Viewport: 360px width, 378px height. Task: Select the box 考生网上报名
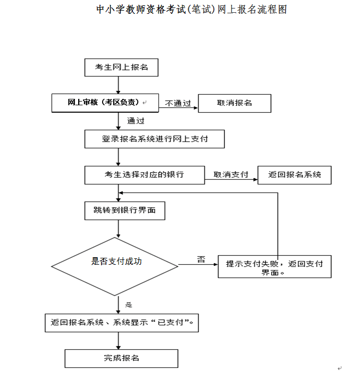tap(121, 68)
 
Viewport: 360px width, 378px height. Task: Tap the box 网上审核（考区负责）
tap(105, 103)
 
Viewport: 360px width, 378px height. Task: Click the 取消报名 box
tap(235, 103)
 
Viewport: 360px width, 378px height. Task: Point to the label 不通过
tap(178, 103)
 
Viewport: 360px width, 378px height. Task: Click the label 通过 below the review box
tap(136, 121)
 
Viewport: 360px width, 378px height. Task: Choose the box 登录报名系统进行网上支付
tap(155, 139)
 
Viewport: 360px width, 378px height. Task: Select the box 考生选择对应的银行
tap(145, 175)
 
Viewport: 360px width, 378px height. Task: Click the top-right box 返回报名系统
tap(295, 175)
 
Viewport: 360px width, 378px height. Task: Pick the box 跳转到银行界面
tap(125, 211)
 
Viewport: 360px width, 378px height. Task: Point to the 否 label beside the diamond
tap(201, 259)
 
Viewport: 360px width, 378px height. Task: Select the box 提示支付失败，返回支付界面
tap(274, 268)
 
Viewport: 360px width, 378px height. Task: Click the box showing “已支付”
tap(121, 323)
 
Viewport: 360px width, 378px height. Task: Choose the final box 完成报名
tap(121, 358)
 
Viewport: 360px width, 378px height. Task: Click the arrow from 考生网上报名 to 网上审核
tap(118, 85)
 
